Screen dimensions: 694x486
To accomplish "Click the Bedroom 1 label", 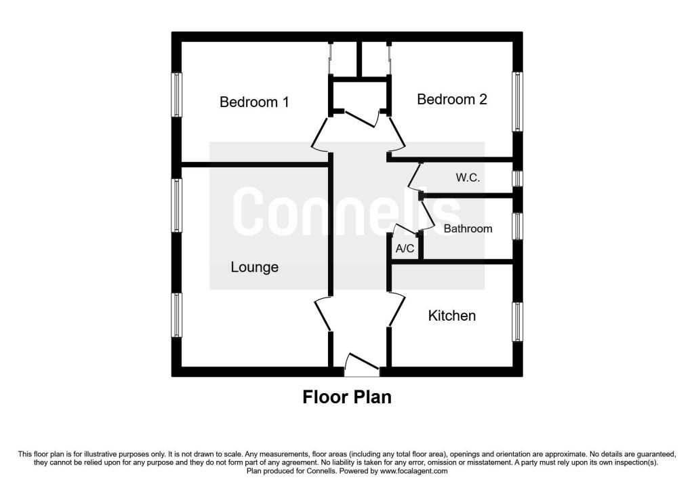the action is (254, 102).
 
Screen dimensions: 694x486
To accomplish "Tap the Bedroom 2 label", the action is (452, 99).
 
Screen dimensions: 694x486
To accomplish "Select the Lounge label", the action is (255, 267).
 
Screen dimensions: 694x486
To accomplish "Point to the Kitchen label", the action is (452, 316).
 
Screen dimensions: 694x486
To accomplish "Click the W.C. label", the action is (468, 178).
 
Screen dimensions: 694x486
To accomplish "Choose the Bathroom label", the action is (468, 229).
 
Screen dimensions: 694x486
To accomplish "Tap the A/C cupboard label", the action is (405, 249).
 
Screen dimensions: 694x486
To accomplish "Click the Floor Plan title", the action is (347, 397).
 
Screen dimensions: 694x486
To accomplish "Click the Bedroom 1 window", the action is (177, 95).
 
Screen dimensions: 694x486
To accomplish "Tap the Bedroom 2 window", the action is (517, 102).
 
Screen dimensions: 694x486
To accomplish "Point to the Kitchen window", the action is (517, 322).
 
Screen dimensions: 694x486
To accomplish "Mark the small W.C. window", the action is (517, 179).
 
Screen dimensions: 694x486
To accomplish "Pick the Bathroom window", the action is (517, 226).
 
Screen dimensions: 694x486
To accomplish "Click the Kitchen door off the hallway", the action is (397, 310).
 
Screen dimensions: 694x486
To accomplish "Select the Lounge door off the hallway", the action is (323, 315).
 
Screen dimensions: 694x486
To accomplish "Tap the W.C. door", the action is (414, 176).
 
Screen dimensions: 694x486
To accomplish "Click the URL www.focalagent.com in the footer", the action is (413, 471).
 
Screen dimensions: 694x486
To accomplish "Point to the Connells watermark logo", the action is (347, 211).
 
